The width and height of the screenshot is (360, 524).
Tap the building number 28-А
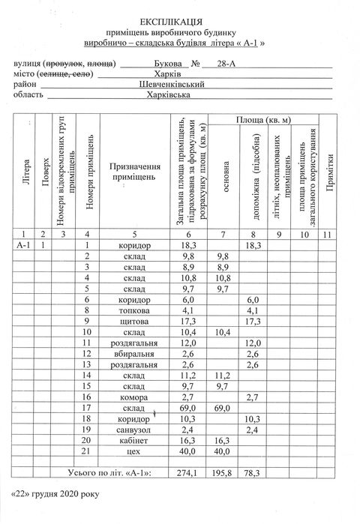[x=224, y=65]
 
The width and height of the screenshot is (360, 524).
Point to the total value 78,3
[x=252, y=474]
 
